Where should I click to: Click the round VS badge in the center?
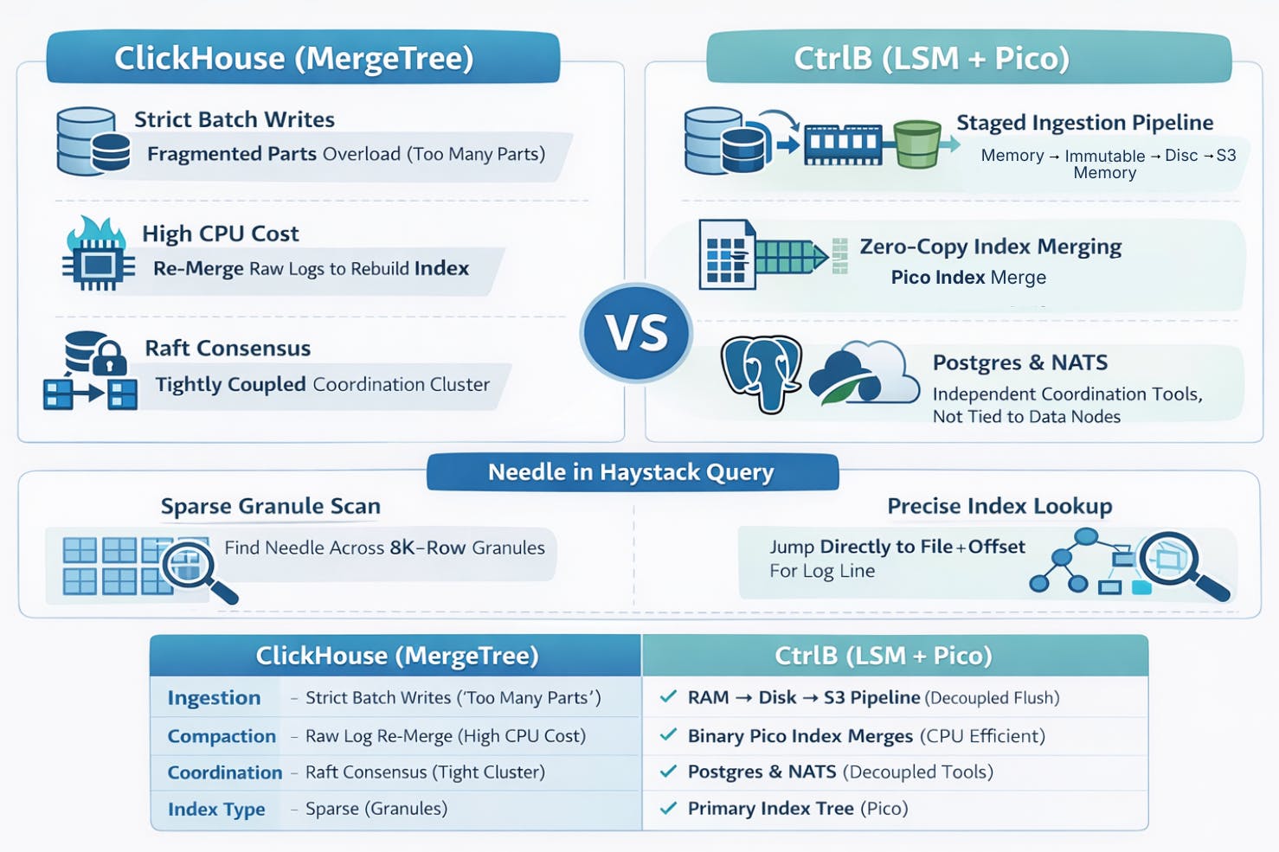click(x=636, y=333)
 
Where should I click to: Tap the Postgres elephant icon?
click(x=762, y=373)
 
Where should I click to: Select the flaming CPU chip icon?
click(x=97, y=254)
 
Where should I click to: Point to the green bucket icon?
click(x=916, y=144)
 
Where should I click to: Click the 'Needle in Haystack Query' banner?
click(x=632, y=472)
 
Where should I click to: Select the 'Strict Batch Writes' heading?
click(x=234, y=119)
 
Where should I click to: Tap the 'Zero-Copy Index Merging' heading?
click(x=990, y=247)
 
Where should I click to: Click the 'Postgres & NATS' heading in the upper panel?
click(x=1019, y=362)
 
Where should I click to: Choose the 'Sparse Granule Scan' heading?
click(x=270, y=506)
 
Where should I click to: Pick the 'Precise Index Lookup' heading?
click(x=999, y=506)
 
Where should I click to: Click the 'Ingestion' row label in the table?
click(x=214, y=698)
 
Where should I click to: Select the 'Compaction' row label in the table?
click(x=222, y=736)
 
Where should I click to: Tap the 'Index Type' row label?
click(x=216, y=810)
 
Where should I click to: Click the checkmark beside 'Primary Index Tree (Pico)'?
click(x=668, y=808)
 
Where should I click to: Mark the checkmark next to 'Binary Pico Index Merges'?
click(x=668, y=735)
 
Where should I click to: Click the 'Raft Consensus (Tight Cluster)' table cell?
click(x=424, y=772)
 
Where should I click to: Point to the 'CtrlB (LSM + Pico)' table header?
click(x=883, y=656)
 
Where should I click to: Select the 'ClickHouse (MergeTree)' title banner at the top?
click(x=294, y=58)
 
